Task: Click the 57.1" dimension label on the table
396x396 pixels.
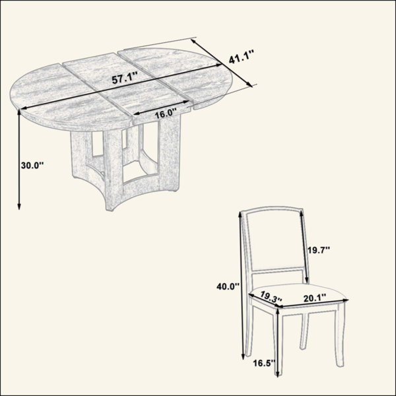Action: [x=125, y=79]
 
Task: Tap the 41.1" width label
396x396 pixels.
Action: [x=242, y=57]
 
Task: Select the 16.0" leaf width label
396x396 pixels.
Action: [x=166, y=114]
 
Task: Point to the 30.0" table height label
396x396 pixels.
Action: [x=32, y=166]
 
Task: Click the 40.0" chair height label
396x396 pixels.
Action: [x=228, y=286]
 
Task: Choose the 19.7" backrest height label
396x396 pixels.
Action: [x=319, y=250]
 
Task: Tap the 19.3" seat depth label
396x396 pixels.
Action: [x=271, y=297]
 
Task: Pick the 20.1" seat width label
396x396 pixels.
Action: [x=314, y=298]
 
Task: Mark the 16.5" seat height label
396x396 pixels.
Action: [x=264, y=364]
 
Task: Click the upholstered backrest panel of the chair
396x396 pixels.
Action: [x=275, y=240]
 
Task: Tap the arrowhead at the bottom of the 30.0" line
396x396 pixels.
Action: [x=19, y=207]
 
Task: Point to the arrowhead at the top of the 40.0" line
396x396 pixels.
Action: [x=240, y=215]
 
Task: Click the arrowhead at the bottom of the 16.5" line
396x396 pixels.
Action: [x=278, y=374]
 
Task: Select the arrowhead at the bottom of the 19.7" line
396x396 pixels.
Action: [x=307, y=281]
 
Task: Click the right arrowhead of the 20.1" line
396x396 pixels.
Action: [x=345, y=300]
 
